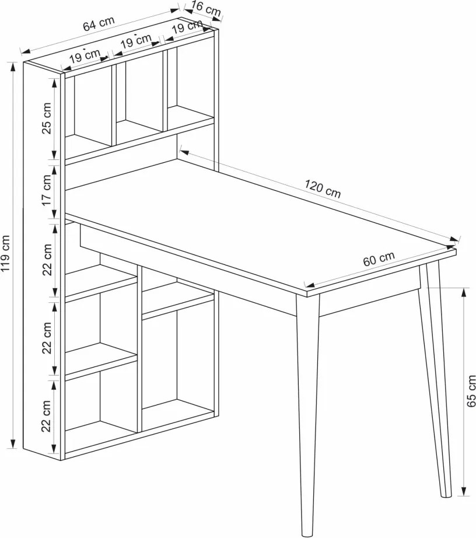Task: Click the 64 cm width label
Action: click(x=99, y=24)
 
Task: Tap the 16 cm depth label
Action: click(x=206, y=8)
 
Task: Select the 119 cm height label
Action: click(x=6, y=253)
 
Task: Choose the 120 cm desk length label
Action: click(x=323, y=188)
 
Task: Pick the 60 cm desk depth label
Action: click(x=379, y=258)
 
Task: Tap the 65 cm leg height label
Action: click(x=471, y=391)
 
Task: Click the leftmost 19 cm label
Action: click(x=85, y=56)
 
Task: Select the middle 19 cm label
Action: click(x=136, y=41)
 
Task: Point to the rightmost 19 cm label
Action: click(x=187, y=26)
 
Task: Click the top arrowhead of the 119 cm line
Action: click(x=13, y=67)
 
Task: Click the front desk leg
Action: click(x=307, y=415)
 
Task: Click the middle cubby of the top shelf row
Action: click(x=139, y=96)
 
